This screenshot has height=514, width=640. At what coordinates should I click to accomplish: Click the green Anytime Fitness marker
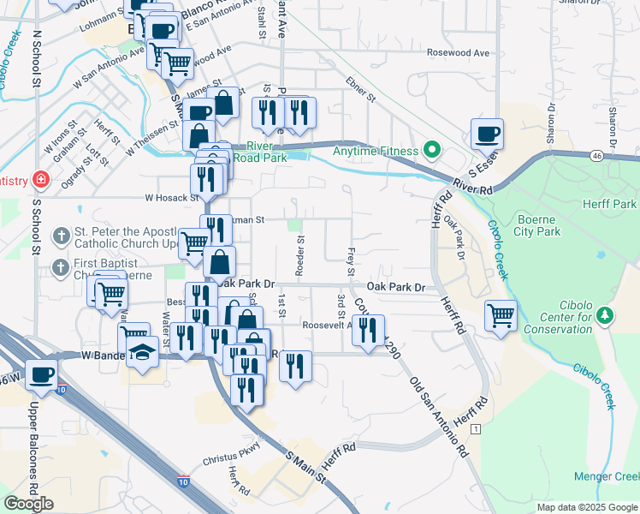432,152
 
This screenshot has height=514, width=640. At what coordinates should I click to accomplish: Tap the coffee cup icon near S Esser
487,134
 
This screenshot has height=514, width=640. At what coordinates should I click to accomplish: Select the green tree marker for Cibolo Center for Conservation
606,315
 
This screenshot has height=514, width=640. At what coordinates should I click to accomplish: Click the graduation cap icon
142,353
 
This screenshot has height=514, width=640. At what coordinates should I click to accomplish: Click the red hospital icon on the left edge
39,181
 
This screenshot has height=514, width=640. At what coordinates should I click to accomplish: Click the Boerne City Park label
536,224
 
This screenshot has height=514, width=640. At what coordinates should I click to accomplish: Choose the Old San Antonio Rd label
439,416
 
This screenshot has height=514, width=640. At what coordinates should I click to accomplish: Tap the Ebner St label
360,92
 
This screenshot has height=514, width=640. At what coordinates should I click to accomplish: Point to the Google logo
29,504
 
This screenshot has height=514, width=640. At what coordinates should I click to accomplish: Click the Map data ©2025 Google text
586,507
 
